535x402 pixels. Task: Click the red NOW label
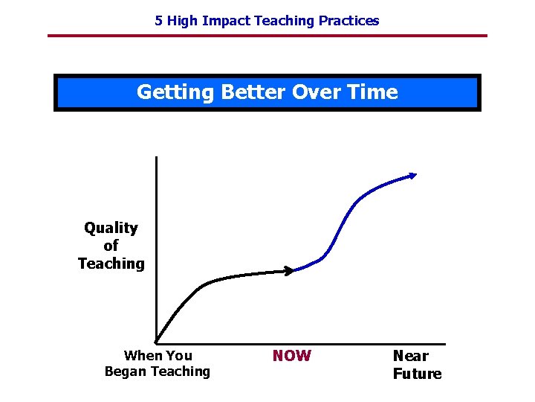point(291,356)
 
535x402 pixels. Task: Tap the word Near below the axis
point(410,356)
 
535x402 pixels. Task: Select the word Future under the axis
point(417,374)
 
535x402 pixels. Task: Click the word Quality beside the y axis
point(111,228)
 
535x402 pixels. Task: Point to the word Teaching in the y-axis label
point(111,264)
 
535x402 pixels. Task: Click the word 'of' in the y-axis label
point(111,246)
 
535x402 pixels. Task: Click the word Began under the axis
point(127,371)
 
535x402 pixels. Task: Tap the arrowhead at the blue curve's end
point(413,176)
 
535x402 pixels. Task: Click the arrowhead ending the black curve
point(290,271)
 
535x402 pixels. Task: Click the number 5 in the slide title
point(158,21)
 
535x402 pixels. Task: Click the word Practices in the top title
point(348,21)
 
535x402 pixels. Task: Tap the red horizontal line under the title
point(267,35)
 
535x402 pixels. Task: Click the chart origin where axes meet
point(157,343)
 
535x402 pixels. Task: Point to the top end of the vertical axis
point(157,157)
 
